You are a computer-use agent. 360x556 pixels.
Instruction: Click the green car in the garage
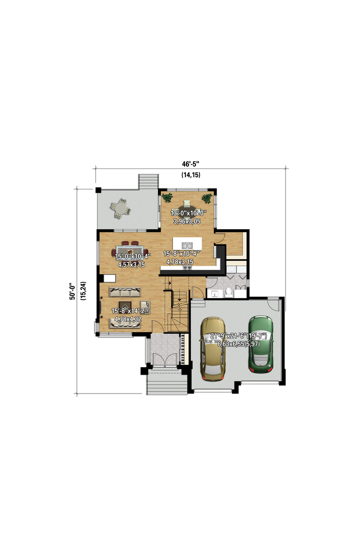pyautogui.click(x=261, y=344)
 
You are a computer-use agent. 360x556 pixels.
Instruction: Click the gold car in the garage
pyautogui.click(x=213, y=349)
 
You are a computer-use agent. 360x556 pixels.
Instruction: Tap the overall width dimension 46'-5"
pyautogui.click(x=191, y=164)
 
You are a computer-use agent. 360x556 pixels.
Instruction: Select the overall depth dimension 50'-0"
pyautogui.click(x=72, y=291)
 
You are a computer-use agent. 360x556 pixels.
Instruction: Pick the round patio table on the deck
pyautogui.click(x=120, y=208)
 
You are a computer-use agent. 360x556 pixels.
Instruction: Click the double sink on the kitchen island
pyautogui.click(x=187, y=245)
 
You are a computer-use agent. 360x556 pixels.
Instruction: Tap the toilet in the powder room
pyautogui.click(x=229, y=292)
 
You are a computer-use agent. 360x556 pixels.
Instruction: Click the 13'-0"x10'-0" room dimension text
pyautogui.click(x=188, y=213)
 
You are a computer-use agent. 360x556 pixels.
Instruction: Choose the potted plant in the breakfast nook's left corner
pyautogui.click(x=167, y=197)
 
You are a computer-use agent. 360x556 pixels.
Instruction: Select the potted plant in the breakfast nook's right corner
pyautogui.click(x=206, y=199)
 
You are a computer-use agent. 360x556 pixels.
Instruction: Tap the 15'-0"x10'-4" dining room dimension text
pyautogui.click(x=133, y=256)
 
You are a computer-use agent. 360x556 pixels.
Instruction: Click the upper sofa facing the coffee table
pyautogui.click(x=125, y=292)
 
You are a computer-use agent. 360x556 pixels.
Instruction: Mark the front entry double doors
pyautogui.click(x=164, y=359)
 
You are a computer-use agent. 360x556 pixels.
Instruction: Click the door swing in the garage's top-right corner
pyautogui.click(x=273, y=305)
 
